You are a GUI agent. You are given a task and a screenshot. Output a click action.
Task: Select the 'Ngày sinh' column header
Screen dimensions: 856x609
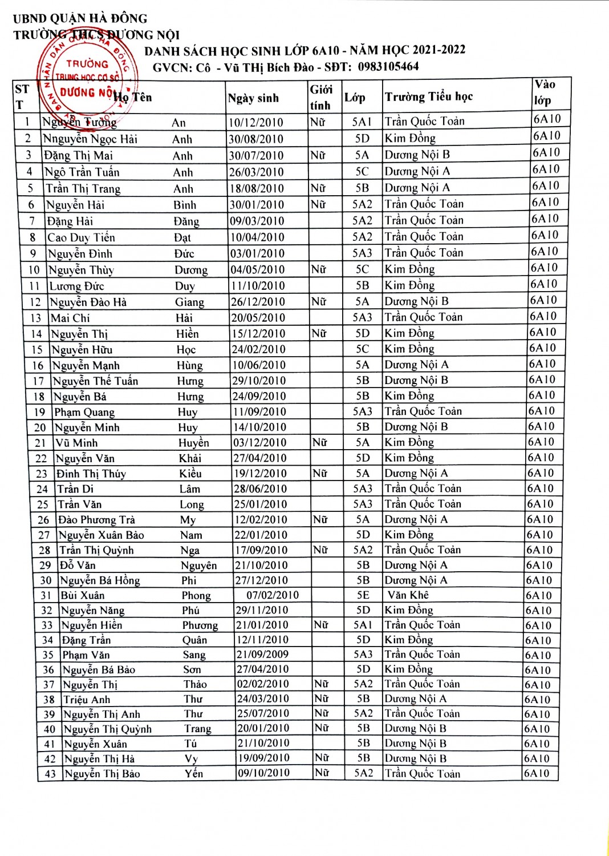point(253,98)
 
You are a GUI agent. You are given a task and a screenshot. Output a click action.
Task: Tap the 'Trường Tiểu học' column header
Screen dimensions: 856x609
point(429,96)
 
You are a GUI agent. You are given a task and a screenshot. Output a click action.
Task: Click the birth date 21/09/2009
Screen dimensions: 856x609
point(262,654)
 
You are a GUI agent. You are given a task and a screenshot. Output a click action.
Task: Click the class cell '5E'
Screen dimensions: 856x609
point(363,595)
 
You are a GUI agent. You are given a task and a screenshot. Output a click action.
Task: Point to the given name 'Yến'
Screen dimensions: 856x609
point(194,773)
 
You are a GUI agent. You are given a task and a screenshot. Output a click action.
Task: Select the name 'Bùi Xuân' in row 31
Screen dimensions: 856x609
point(83,595)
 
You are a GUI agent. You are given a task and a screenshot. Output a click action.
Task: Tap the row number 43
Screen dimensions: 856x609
point(50,774)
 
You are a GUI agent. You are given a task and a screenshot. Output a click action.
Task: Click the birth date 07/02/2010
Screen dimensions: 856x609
point(273,595)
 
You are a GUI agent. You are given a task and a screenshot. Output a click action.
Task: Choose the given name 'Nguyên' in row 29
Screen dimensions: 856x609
point(199,565)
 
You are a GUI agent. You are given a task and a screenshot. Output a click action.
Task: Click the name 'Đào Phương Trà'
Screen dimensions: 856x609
point(96,519)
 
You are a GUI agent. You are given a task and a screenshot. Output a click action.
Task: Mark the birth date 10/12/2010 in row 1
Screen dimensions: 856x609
point(256,122)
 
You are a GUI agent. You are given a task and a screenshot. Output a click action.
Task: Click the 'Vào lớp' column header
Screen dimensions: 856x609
point(545,92)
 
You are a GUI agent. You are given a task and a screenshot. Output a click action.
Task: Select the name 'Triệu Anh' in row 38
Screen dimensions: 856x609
point(87,699)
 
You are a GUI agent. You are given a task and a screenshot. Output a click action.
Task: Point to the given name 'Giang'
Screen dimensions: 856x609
point(189,302)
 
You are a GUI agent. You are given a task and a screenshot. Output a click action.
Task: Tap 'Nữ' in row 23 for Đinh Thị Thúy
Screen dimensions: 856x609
point(320,473)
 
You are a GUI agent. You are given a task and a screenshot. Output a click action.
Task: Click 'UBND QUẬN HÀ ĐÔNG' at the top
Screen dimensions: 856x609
point(80,18)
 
